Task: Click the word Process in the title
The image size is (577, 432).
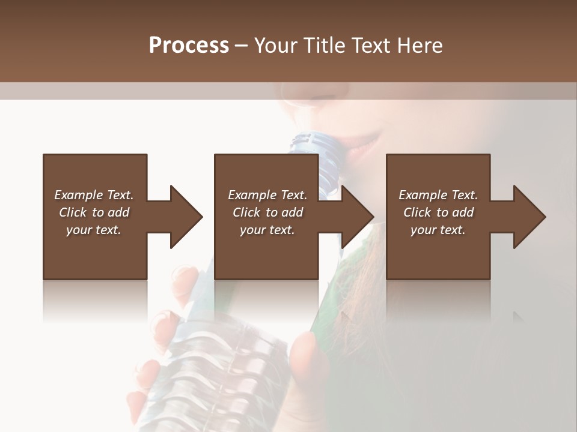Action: (189, 45)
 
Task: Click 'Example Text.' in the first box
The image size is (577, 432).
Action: (94, 195)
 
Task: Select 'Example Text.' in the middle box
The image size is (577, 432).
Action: (267, 195)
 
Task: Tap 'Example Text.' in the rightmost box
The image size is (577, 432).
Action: (438, 195)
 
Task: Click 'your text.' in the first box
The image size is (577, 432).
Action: (94, 230)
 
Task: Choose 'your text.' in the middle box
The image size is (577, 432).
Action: (267, 230)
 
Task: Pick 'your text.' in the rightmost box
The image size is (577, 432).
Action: (438, 230)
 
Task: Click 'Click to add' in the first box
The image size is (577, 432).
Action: (94, 212)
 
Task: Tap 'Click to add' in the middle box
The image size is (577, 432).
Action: (267, 212)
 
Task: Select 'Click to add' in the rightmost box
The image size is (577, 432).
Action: (438, 212)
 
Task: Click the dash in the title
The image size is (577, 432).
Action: (242, 46)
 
